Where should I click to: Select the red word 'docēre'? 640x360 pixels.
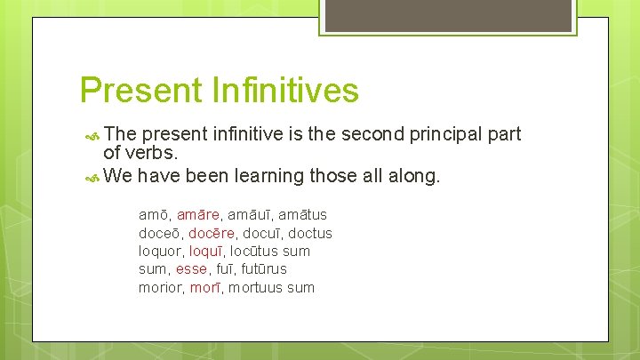pyautogui.click(x=212, y=233)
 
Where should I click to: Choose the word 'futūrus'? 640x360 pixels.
pyautogui.click(x=264, y=269)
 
